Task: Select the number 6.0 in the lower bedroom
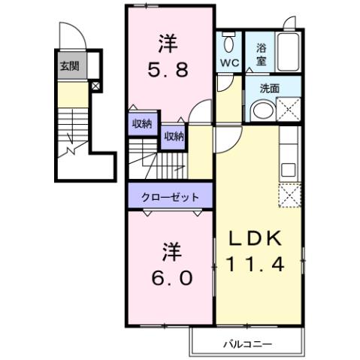(172, 277)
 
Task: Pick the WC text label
(230, 63)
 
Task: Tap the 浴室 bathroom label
(260, 52)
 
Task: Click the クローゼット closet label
(171, 198)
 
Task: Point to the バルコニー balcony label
(247, 344)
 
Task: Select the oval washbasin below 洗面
(262, 112)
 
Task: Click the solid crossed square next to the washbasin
(291, 112)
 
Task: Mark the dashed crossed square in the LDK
(290, 195)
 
